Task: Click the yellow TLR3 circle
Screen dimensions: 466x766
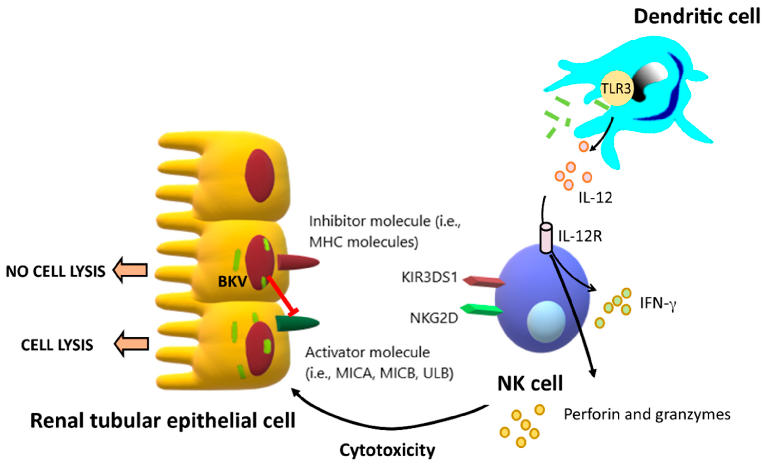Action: point(616,88)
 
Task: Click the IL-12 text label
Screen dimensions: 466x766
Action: point(595,198)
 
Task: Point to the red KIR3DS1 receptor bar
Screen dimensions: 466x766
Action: point(484,282)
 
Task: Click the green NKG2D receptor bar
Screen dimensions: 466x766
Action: point(481,309)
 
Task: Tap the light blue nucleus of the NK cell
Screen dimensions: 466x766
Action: point(546,322)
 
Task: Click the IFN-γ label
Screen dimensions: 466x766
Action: point(658,303)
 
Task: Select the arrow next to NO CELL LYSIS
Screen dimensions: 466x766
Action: point(130,270)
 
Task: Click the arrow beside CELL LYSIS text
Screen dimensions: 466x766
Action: point(132,344)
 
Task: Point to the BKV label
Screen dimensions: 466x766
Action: point(232,282)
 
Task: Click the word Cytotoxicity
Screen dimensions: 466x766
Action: point(387,450)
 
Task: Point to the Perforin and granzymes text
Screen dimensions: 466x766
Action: point(647,415)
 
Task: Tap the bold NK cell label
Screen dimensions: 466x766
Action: point(530,384)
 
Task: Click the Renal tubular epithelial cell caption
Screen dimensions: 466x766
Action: point(163,421)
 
